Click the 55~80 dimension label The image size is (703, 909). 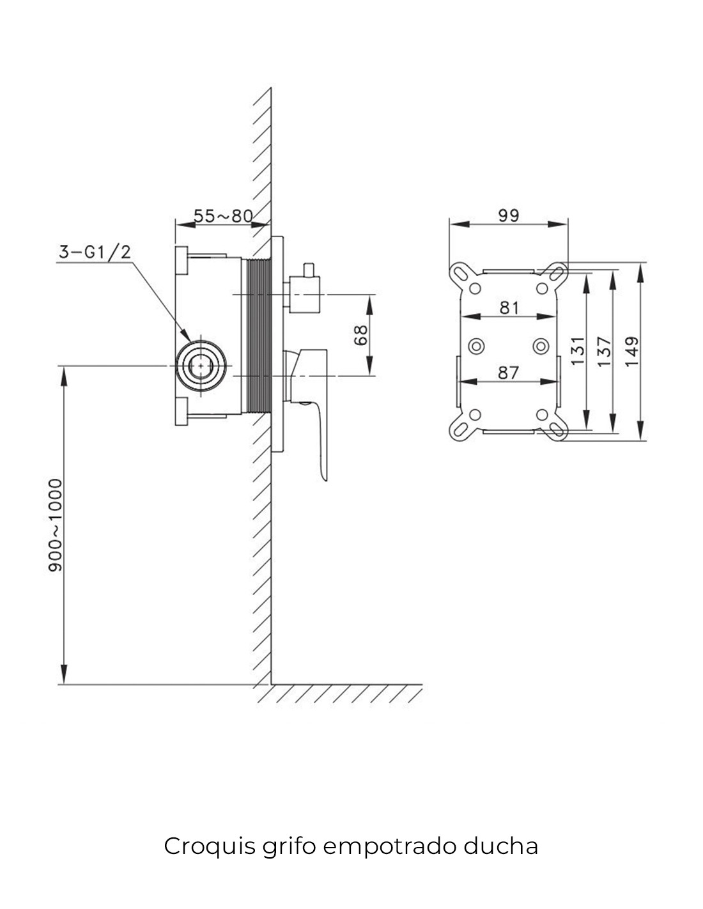[223, 216]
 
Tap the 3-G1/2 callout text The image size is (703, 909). [95, 252]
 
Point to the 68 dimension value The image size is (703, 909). [360, 335]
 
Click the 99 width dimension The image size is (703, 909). [509, 215]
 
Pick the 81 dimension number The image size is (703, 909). [509, 307]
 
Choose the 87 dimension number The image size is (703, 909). [508, 373]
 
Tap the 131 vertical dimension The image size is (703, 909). [578, 350]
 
